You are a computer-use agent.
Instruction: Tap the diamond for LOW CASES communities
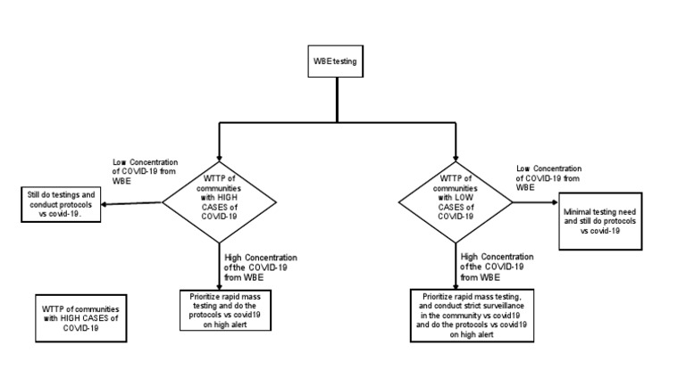(x=456, y=203)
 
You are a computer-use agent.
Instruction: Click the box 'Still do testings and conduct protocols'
(x=58, y=203)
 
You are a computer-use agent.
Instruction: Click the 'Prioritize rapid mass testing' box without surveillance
(x=220, y=308)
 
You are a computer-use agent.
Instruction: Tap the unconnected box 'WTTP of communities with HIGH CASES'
(x=80, y=313)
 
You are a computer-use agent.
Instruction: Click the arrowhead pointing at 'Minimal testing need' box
(x=556, y=203)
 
